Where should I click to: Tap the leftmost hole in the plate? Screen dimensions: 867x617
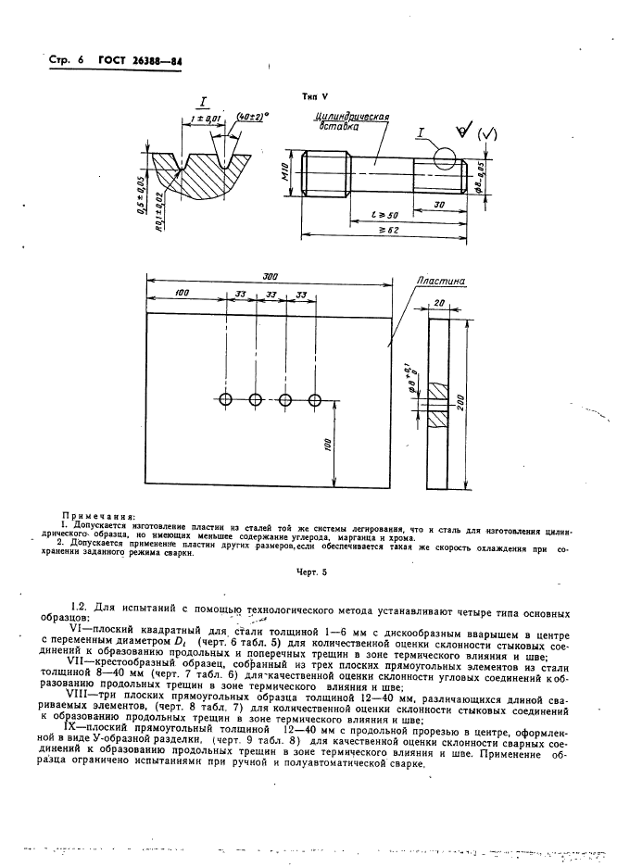coord(225,399)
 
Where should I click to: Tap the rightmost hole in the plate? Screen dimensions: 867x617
coord(315,399)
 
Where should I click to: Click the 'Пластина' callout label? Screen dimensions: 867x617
coord(441,279)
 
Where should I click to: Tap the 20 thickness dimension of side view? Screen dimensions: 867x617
coord(437,303)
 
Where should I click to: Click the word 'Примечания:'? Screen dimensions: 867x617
coord(97,514)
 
